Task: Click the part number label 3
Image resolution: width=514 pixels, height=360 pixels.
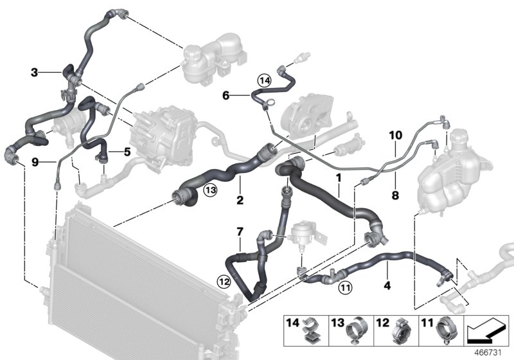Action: [x=34, y=73]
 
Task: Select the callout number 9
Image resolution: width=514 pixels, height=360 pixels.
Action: [x=34, y=162]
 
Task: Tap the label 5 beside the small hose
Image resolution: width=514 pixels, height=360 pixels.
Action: [x=127, y=152]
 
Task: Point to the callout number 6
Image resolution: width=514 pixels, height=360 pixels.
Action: [x=226, y=96]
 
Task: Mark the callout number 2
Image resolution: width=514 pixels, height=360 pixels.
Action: [x=239, y=200]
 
